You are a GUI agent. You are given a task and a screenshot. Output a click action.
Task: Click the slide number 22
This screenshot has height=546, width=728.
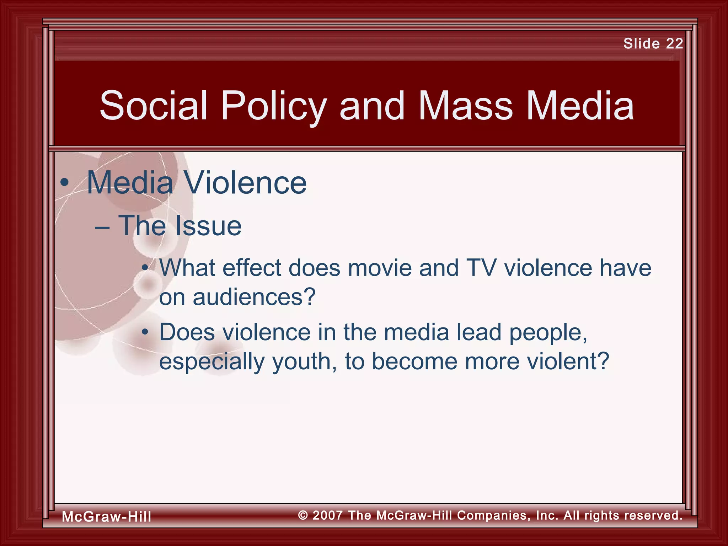click(x=674, y=43)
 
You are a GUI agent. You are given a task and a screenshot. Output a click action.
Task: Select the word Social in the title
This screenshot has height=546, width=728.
click(x=153, y=106)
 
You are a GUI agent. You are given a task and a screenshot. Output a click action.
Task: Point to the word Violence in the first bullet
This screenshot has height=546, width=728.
click(x=245, y=183)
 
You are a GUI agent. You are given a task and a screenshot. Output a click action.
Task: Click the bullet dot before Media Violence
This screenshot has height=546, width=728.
click(x=64, y=183)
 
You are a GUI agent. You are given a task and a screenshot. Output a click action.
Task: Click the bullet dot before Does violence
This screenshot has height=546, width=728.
click(x=145, y=332)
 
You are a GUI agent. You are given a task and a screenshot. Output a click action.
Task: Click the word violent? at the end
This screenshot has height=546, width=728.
click(x=568, y=362)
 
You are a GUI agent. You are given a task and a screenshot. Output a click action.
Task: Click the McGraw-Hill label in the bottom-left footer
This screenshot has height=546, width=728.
click(x=106, y=516)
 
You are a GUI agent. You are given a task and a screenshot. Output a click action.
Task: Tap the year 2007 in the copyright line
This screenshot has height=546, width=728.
click(x=327, y=515)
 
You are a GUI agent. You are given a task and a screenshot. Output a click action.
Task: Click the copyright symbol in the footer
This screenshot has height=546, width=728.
click(x=303, y=515)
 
